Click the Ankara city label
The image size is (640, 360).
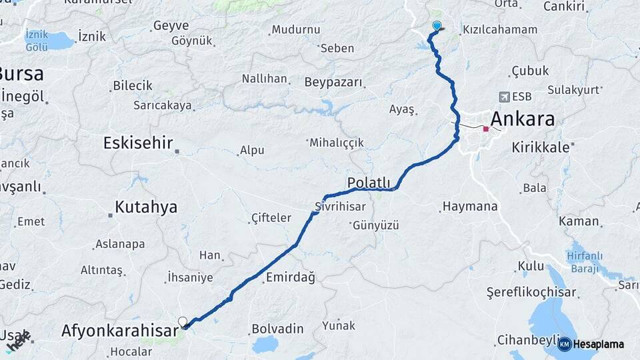[x=523, y=120]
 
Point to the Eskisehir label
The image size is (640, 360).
[x=138, y=143]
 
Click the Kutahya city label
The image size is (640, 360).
[x=146, y=207]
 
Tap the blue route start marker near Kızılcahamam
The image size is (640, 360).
[x=437, y=26]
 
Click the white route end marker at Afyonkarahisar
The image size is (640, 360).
[x=183, y=321]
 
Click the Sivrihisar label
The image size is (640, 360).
[x=341, y=207]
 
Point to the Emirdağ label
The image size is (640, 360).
[x=290, y=277]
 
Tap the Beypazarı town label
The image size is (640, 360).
[x=333, y=83]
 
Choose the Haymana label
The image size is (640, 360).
[x=470, y=207]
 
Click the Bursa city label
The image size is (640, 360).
[x=21, y=73]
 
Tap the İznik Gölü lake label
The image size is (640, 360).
[x=36, y=40]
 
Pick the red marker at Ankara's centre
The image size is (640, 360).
[x=486, y=129]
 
